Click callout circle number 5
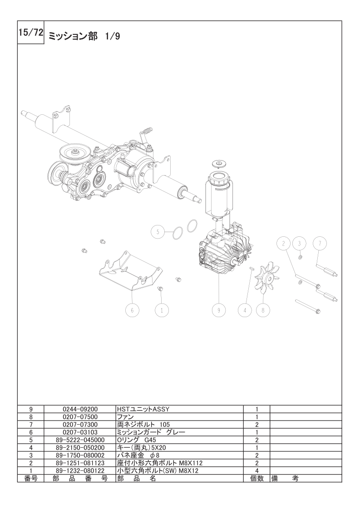click(x=158, y=231)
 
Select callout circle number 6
click(x=132, y=310)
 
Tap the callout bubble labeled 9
click(x=218, y=310)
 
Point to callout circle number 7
click(x=320, y=244)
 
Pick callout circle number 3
click(x=300, y=244)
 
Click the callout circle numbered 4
click(x=245, y=310)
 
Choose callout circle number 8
click(x=263, y=310)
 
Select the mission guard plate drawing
click(x=130, y=271)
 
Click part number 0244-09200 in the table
click(x=80, y=409)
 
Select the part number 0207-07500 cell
click(x=80, y=416)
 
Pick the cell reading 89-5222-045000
click(x=80, y=440)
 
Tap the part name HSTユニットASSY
click(x=143, y=409)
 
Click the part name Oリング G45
click(x=136, y=440)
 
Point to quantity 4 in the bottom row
click(x=257, y=470)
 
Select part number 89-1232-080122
click(x=80, y=470)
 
